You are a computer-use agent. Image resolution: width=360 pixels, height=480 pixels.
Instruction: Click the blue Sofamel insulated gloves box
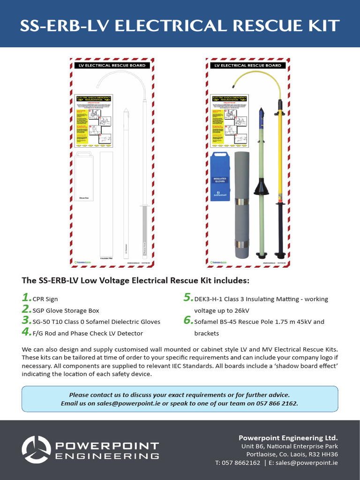pos(222,176)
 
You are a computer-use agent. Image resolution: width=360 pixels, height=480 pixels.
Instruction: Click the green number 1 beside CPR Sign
pos(26,298)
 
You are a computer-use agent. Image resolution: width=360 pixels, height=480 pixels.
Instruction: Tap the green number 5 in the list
pos(188,298)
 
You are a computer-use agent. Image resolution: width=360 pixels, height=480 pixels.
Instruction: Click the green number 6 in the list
pos(188,321)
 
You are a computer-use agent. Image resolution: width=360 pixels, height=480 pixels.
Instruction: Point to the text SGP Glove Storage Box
pos(66,310)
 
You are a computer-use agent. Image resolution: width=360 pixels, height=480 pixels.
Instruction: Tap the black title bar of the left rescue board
pos(111,66)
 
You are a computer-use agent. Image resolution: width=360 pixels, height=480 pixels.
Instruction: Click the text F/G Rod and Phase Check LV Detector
pos(88,333)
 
